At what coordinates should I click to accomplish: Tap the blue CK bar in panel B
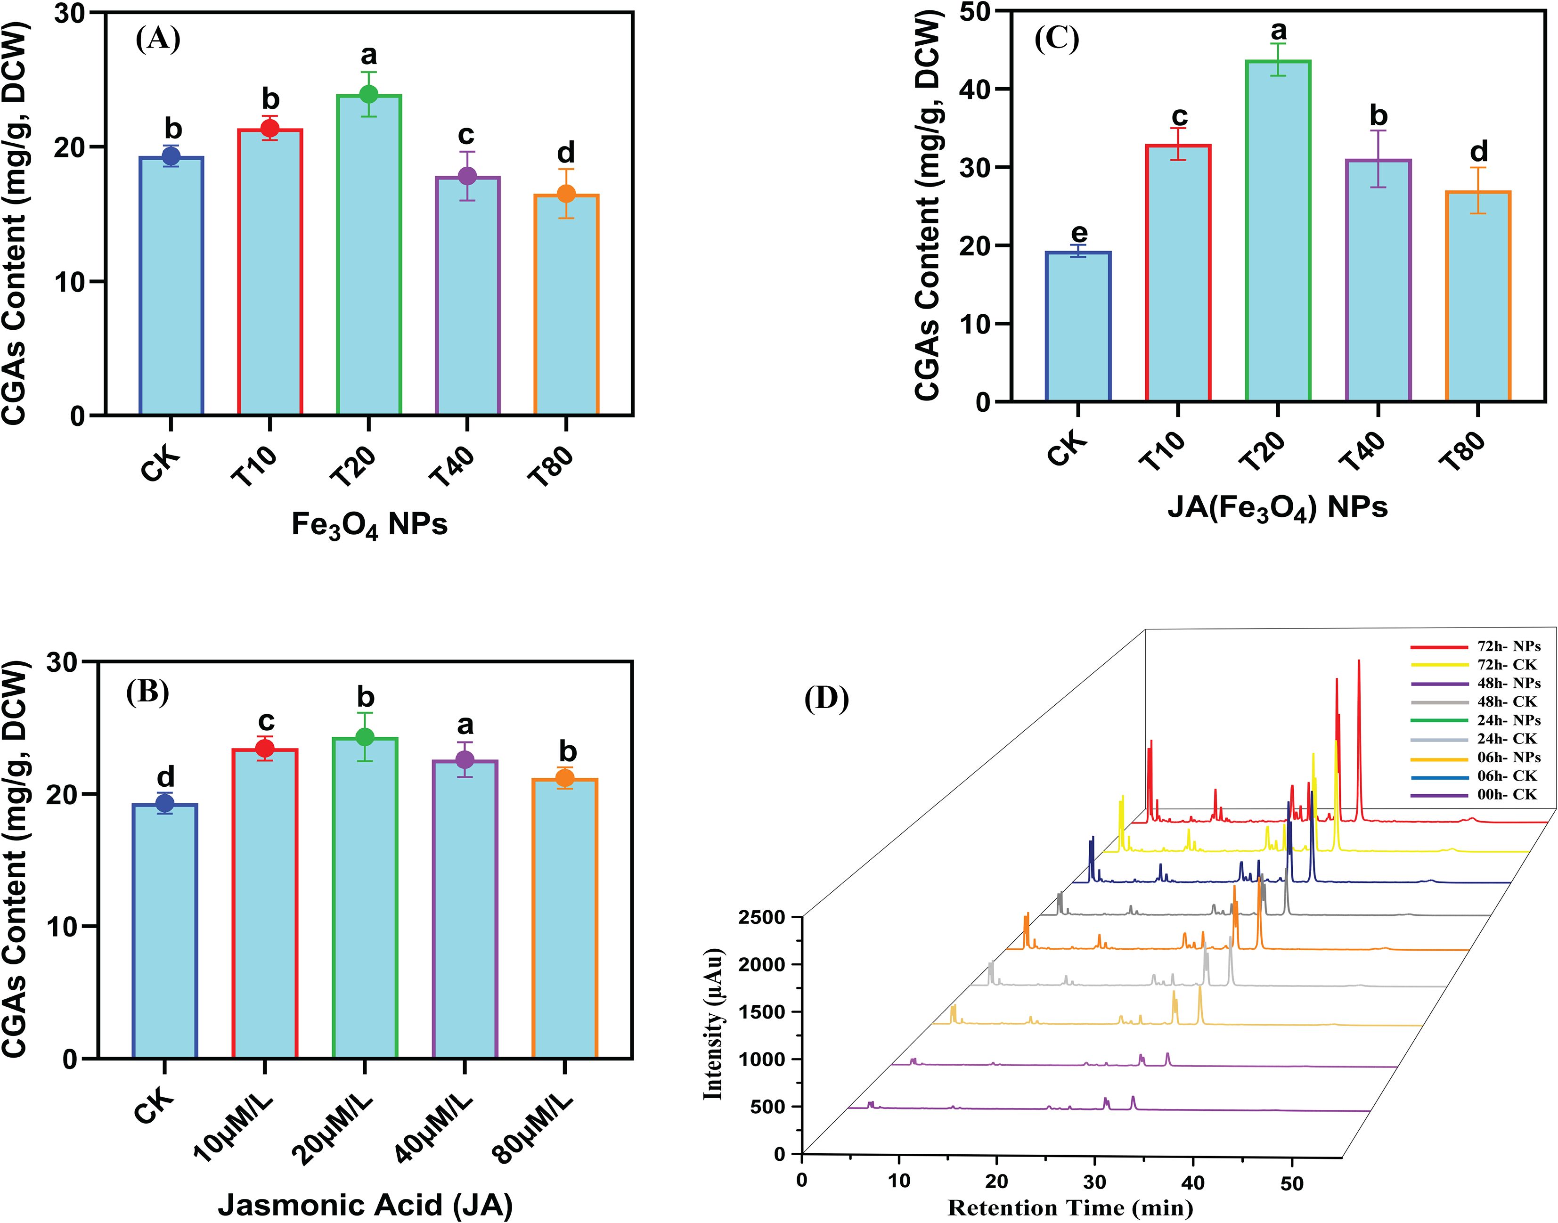point(165,931)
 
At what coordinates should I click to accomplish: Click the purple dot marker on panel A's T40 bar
point(467,176)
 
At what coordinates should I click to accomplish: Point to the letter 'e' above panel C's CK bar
point(1078,233)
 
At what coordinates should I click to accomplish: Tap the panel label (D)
point(826,698)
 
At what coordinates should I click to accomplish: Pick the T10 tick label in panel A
point(255,466)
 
